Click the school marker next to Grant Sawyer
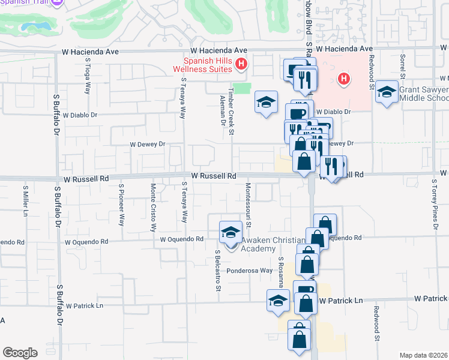pos(387,92)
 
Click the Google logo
pos(20,352)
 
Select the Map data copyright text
pos(424,355)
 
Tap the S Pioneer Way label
pos(121,205)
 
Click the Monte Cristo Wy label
pos(153,208)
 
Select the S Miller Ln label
pos(26,202)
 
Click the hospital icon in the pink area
pos(343,78)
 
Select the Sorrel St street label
pos(402,68)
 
